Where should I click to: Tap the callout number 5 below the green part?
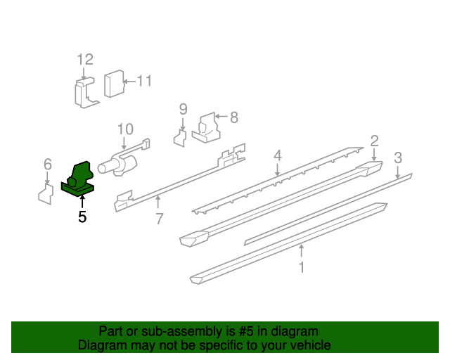[82, 217]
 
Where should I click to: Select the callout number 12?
[84, 59]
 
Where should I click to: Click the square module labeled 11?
[113, 84]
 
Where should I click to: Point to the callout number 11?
[143, 81]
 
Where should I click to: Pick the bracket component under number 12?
[84, 94]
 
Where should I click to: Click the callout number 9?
[183, 109]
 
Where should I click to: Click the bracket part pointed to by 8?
[206, 127]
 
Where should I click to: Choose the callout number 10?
[125, 129]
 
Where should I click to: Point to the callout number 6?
[47, 164]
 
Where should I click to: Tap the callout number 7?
[160, 219]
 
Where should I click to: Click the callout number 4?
[278, 155]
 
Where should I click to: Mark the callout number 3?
[398, 157]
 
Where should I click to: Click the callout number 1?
[302, 267]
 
